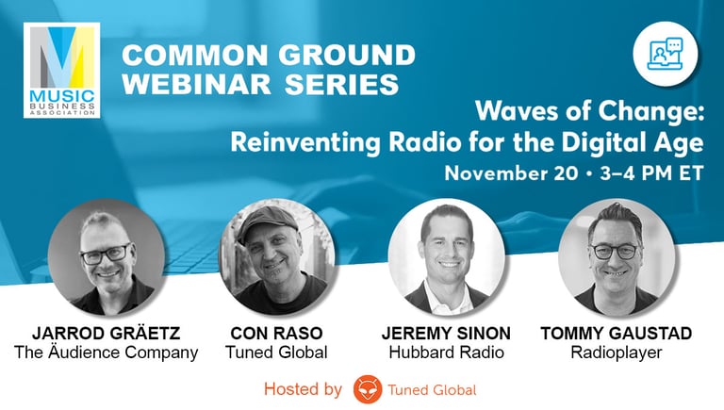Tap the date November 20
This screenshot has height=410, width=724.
[504, 173]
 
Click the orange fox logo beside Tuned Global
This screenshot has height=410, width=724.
[367, 388]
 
